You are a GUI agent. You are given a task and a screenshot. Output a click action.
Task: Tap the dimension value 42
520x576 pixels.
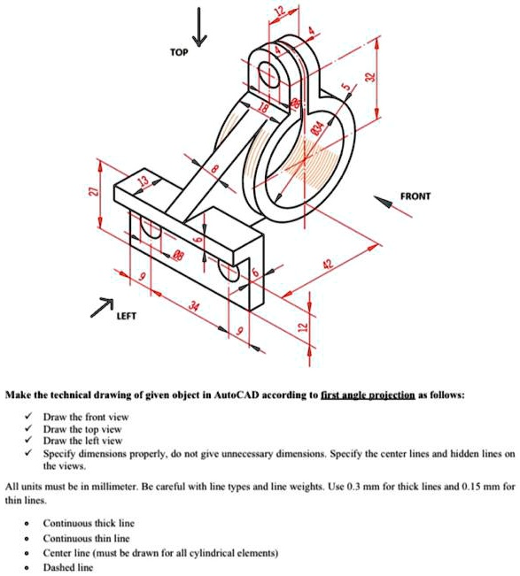tap(330, 265)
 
